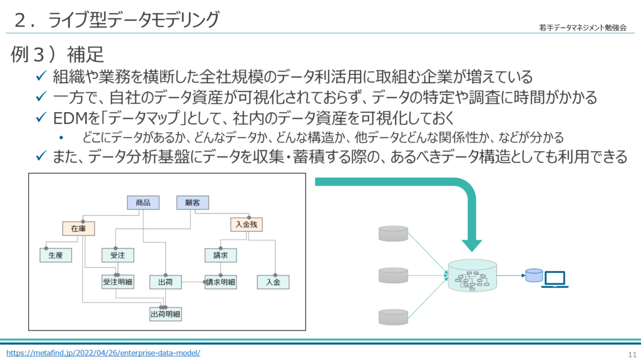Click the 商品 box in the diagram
pyautogui.click(x=143, y=203)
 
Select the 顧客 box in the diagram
pyautogui.click(x=192, y=203)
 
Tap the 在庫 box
pyautogui.click(x=78, y=229)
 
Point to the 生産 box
pyautogui.click(x=56, y=255)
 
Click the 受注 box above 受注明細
pyautogui.click(x=118, y=255)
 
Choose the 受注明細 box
pyautogui.click(x=118, y=282)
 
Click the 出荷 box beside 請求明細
pyautogui.click(x=165, y=282)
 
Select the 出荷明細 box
pyautogui.click(x=165, y=314)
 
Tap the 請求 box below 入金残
pyautogui.click(x=220, y=255)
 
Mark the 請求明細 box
pyautogui.click(x=220, y=282)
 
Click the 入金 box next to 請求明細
pyautogui.click(x=274, y=282)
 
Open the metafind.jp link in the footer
pyautogui.click(x=103, y=352)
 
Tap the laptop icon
pyautogui.click(x=555, y=279)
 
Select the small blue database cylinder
pyautogui.click(x=534, y=275)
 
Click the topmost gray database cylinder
pyautogui.click(x=393, y=234)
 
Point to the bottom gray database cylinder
pyautogui.click(x=393, y=316)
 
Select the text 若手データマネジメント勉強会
pyautogui.click(x=582, y=28)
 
